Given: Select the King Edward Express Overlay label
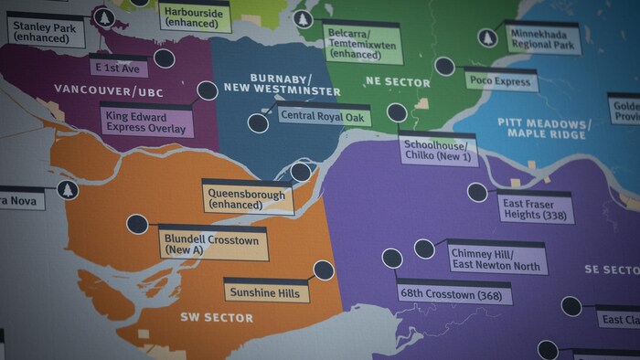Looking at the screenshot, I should click(x=147, y=122).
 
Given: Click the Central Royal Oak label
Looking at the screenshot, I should click(x=311, y=116).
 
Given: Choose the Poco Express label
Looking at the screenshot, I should click(x=500, y=80).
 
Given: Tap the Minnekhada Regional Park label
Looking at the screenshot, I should click(x=542, y=38).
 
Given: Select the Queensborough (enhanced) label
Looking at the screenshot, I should click(x=247, y=199).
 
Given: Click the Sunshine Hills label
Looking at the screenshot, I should click(x=266, y=292).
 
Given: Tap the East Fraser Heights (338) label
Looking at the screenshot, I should click(x=536, y=210).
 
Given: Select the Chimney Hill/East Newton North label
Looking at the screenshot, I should click(x=496, y=259).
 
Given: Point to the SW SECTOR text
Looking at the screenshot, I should click(x=216, y=318).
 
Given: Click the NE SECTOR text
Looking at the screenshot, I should click(x=397, y=83).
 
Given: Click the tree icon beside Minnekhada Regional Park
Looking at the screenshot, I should click(x=487, y=38).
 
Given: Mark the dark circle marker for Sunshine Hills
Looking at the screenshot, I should click(x=323, y=270).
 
